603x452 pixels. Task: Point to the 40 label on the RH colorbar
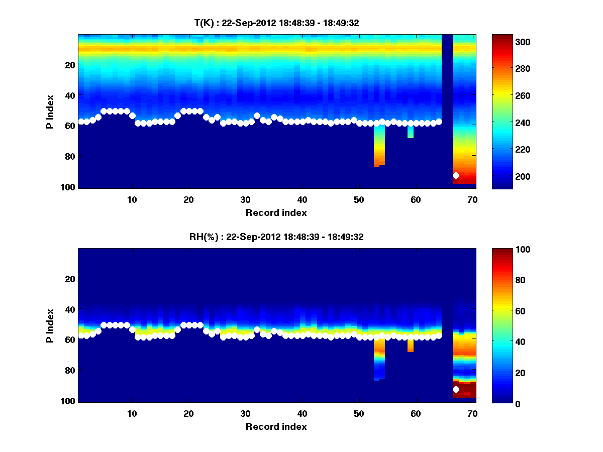[x=504, y=342]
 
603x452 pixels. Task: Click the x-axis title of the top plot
[x=276, y=212]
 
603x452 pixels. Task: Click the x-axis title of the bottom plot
[x=276, y=426]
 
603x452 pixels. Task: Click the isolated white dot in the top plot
[x=456, y=175]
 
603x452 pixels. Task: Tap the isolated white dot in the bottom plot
[x=456, y=389]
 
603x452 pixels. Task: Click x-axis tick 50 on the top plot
[x=359, y=199]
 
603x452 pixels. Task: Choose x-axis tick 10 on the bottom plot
[x=132, y=413]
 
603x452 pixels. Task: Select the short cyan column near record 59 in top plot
[x=411, y=132]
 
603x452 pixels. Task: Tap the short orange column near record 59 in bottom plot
[x=411, y=345]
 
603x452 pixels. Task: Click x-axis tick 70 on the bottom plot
[x=472, y=413]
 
